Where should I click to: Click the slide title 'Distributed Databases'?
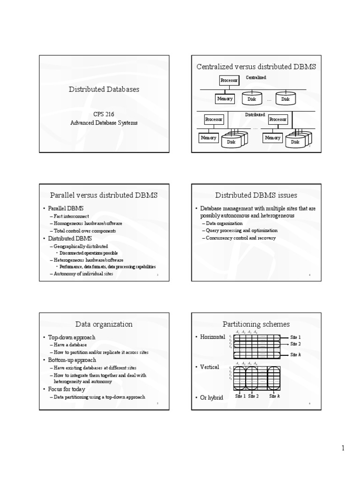104,89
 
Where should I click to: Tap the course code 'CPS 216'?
104,114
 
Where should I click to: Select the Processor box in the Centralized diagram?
229,81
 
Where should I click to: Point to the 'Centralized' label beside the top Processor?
256,77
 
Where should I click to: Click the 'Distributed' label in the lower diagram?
255,114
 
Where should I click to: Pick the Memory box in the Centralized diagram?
225,99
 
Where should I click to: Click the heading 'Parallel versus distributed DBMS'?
104,195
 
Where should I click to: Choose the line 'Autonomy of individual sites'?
83,274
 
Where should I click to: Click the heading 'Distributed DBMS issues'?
256,195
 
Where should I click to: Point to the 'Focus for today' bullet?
69,389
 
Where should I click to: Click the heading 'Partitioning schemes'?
256,324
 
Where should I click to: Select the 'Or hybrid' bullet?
211,397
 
